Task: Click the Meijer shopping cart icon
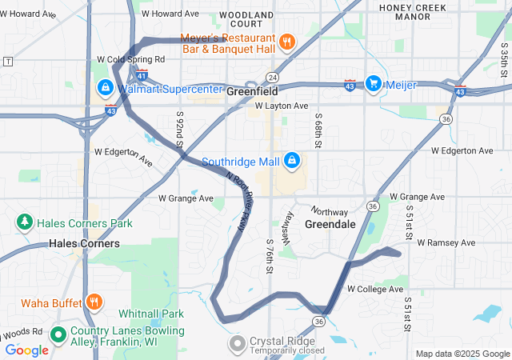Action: [373, 82]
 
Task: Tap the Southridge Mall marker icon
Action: [292, 162]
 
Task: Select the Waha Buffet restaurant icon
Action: [94, 302]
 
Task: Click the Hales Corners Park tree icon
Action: [25, 222]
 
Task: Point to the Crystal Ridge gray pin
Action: [237, 345]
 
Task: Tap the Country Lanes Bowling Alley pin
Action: [58, 334]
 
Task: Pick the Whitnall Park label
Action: [150, 314]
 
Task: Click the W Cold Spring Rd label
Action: [130, 59]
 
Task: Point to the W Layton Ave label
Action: [282, 106]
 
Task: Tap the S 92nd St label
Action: [179, 126]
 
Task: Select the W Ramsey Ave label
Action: [446, 242]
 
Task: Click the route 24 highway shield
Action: [272, 77]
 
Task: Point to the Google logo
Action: [26, 350]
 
